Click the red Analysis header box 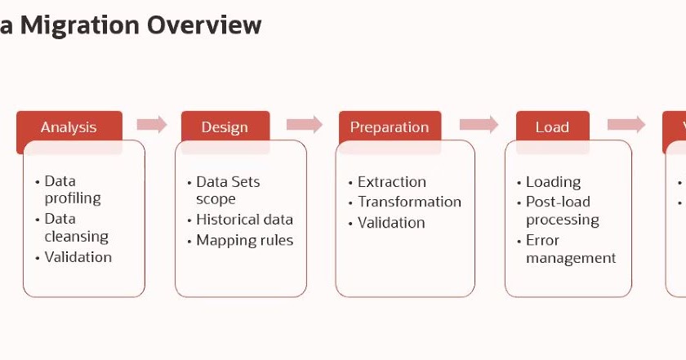pos(69,127)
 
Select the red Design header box pos(225,127)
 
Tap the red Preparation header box pos(390,127)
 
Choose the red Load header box pos(552,127)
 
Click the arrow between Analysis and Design pos(151,124)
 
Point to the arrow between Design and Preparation pos(304,124)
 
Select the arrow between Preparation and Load pos(479,124)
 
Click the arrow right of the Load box pos(626,124)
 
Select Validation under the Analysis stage pos(78,257)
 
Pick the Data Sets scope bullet pos(227,190)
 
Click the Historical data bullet pos(244,220)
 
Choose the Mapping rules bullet pos(244,240)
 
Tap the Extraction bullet pos(392,182)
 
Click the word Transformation pos(409,202)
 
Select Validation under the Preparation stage pos(391,222)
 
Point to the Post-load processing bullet pos(562,211)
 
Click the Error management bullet pos(570,249)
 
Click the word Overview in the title pos(204,25)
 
